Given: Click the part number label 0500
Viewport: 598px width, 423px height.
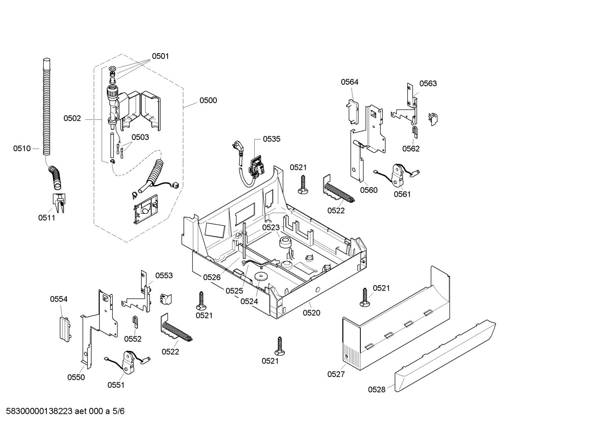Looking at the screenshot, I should (x=208, y=100).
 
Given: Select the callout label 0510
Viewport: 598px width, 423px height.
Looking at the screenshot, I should (x=22, y=148).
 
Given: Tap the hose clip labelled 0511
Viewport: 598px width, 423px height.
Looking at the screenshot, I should (x=58, y=202).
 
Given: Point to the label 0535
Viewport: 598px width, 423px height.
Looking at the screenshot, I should (x=272, y=139).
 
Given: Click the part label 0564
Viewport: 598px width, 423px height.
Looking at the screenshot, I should (x=350, y=82).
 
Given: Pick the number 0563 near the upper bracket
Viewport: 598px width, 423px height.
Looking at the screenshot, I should (x=428, y=83).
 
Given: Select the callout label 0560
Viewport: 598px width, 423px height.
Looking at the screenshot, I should (x=369, y=190).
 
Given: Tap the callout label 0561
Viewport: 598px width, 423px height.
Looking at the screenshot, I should (x=402, y=194).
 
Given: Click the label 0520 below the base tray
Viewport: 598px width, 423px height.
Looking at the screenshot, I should (x=311, y=313).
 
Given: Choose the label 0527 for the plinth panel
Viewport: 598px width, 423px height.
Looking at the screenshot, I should (x=336, y=374).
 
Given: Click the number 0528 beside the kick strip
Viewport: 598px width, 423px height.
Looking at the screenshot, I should (x=377, y=389).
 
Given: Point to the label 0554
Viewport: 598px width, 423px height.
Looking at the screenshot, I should (x=58, y=299).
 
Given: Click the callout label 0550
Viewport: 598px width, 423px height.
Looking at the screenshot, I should (x=76, y=377).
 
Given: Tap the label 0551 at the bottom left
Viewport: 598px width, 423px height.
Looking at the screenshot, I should (x=116, y=385).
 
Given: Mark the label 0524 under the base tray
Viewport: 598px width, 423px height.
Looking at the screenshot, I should (x=249, y=301).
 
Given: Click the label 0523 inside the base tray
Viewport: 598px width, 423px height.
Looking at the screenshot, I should (x=271, y=227).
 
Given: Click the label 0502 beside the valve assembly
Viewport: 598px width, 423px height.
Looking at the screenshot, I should (x=72, y=119).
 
